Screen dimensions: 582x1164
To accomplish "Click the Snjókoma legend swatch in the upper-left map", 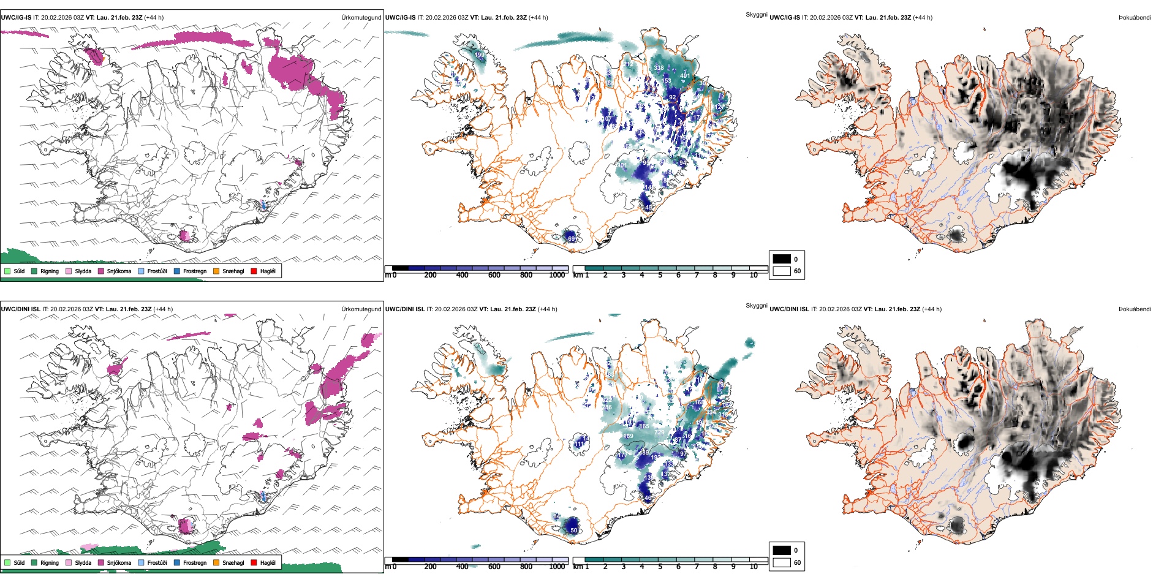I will pyautogui.click(x=101, y=271).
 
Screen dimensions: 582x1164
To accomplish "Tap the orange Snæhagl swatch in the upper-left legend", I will pyautogui.click(x=216, y=271).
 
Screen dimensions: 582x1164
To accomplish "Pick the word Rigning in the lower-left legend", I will pyautogui.click(x=50, y=563).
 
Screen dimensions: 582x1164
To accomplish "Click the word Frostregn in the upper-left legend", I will pyautogui.click(x=195, y=271).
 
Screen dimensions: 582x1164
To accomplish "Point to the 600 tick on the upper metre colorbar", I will pyautogui.click(x=494, y=275).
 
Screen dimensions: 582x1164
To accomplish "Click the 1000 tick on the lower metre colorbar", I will pyautogui.click(x=557, y=567).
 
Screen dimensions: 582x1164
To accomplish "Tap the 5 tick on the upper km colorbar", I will pyautogui.click(x=660, y=275).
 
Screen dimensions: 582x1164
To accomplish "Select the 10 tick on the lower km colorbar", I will pyautogui.click(x=754, y=567).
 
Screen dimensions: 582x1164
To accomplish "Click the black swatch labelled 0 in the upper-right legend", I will pyautogui.click(x=782, y=259).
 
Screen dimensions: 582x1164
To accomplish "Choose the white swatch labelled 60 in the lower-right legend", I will pyautogui.click(x=782, y=562).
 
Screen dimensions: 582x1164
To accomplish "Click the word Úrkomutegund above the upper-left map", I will pyautogui.click(x=361, y=18).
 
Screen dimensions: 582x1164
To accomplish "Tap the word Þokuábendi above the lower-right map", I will pyautogui.click(x=1135, y=309).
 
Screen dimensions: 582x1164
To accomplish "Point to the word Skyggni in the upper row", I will pyautogui.click(x=756, y=14).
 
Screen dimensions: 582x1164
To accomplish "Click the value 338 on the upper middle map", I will pyautogui.click(x=659, y=68).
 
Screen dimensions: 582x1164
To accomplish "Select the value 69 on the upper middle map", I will pyautogui.click(x=572, y=238).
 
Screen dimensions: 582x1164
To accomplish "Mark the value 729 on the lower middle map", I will pyautogui.click(x=659, y=433).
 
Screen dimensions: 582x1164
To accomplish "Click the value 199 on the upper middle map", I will pyautogui.click(x=480, y=55).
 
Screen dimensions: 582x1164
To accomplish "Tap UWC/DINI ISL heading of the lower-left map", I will pyautogui.click(x=20, y=309).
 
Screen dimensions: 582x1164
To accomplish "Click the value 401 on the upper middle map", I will pyautogui.click(x=685, y=76).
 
